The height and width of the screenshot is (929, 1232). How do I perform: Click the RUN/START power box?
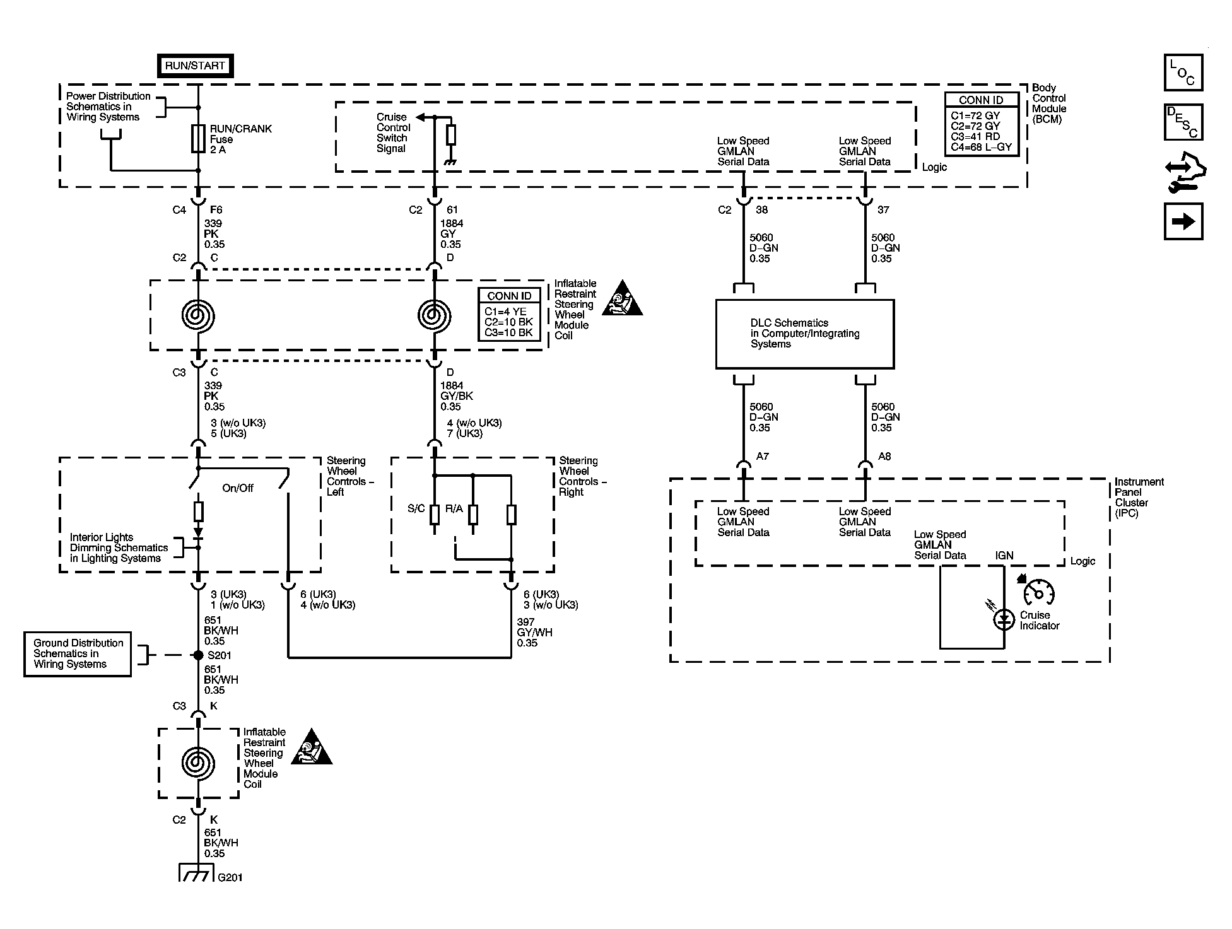[195, 66]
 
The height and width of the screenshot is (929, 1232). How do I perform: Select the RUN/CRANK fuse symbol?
[198, 139]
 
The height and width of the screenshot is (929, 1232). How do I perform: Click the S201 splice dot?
[198, 655]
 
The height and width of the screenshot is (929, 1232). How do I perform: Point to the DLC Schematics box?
[805, 334]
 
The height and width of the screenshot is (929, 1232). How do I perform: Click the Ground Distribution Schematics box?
[78, 654]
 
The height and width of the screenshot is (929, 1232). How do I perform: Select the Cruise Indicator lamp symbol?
[1004, 619]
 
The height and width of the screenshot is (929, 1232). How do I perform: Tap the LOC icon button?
[1183, 73]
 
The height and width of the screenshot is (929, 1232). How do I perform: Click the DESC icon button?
[1183, 122]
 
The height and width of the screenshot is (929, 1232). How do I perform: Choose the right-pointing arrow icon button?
[1183, 221]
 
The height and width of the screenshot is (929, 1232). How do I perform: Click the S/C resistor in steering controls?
[434, 515]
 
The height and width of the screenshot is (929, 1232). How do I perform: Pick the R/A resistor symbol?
[472, 515]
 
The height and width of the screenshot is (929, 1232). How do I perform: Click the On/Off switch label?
[238, 488]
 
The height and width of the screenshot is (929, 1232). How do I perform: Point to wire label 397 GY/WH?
[535, 633]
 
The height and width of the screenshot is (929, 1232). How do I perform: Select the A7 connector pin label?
[762, 456]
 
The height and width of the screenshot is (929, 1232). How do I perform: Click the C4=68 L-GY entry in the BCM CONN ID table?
[982, 147]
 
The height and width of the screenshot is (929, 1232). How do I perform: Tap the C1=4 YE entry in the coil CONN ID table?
[505, 312]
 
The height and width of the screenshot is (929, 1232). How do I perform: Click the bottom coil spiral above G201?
[198, 762]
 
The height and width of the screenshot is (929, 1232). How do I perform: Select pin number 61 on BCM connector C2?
[452, 209]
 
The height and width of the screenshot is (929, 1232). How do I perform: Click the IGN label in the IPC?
[1004, 556]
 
